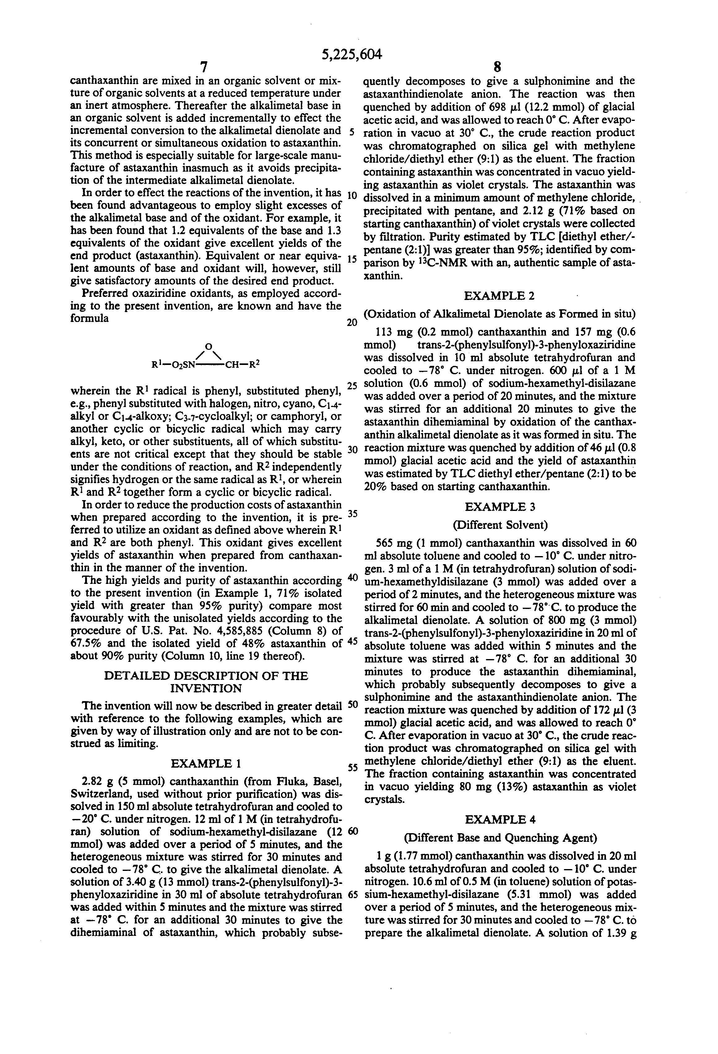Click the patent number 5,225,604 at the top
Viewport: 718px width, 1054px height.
point(352,54)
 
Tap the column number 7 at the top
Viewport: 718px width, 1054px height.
point(204,67)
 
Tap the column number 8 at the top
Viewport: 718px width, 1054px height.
point(497,67)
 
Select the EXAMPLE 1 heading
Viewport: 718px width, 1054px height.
point(205,764)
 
